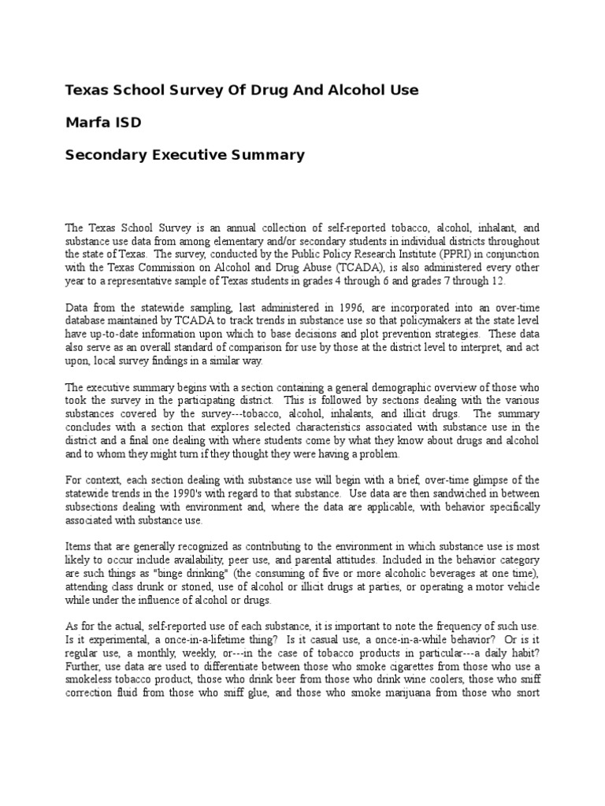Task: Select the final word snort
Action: click(x=525, y=692)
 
